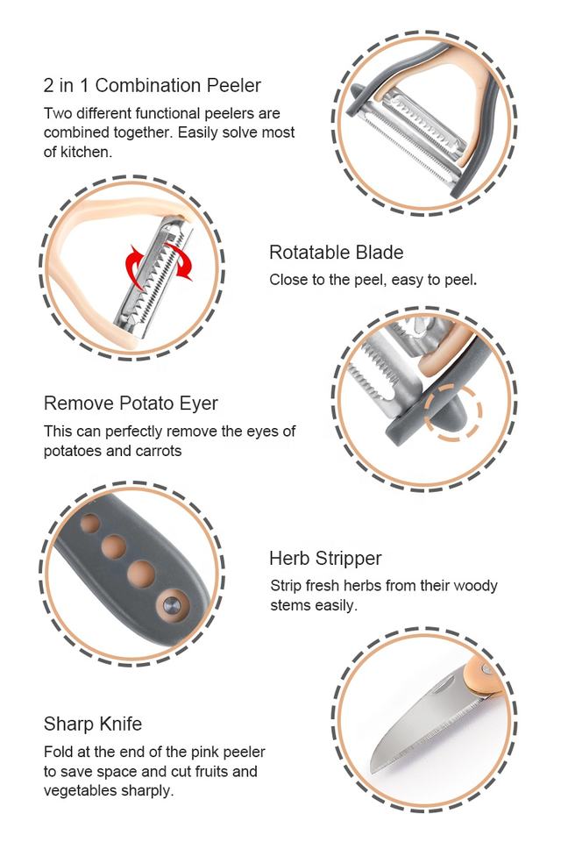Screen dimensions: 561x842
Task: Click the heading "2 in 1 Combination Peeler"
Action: [x=153, y=86]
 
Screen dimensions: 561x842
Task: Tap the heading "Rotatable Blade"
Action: [x=336, y=253]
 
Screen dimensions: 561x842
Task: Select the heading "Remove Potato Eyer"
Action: [x=131, y=403]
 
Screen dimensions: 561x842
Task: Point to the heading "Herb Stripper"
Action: [x=325, y=559]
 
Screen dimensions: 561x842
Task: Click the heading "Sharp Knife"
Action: [x=93, y=724]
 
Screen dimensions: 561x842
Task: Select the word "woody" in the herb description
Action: [x=477, y=586]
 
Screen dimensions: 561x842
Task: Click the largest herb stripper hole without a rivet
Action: [x=140, y=573]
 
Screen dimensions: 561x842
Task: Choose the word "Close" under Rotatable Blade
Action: [x=288, y=282]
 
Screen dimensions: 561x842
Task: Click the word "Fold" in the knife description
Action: [x=59, y=753]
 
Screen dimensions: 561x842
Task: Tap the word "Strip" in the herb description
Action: [x=286, y=586]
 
